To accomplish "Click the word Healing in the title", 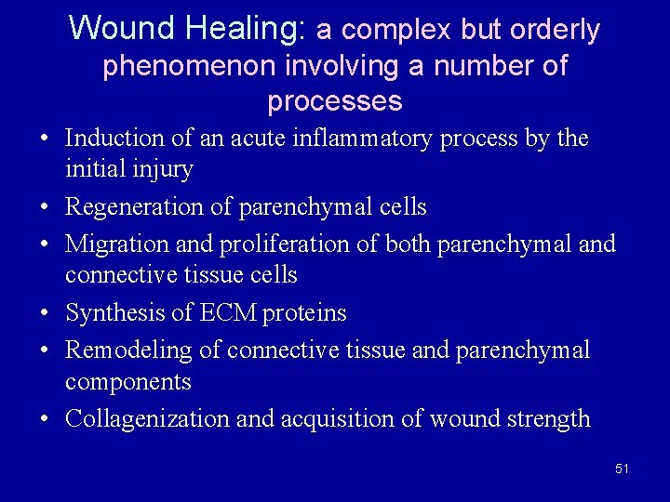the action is tap(244, 29).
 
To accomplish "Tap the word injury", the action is tap(165, 170).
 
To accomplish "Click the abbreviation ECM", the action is tap(229, 313).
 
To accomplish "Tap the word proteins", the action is tap(304, 313).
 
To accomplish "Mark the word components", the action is tap(127, 382).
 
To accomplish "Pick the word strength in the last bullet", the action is tap(548, 418).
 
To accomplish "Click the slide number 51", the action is tap(622, 469).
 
